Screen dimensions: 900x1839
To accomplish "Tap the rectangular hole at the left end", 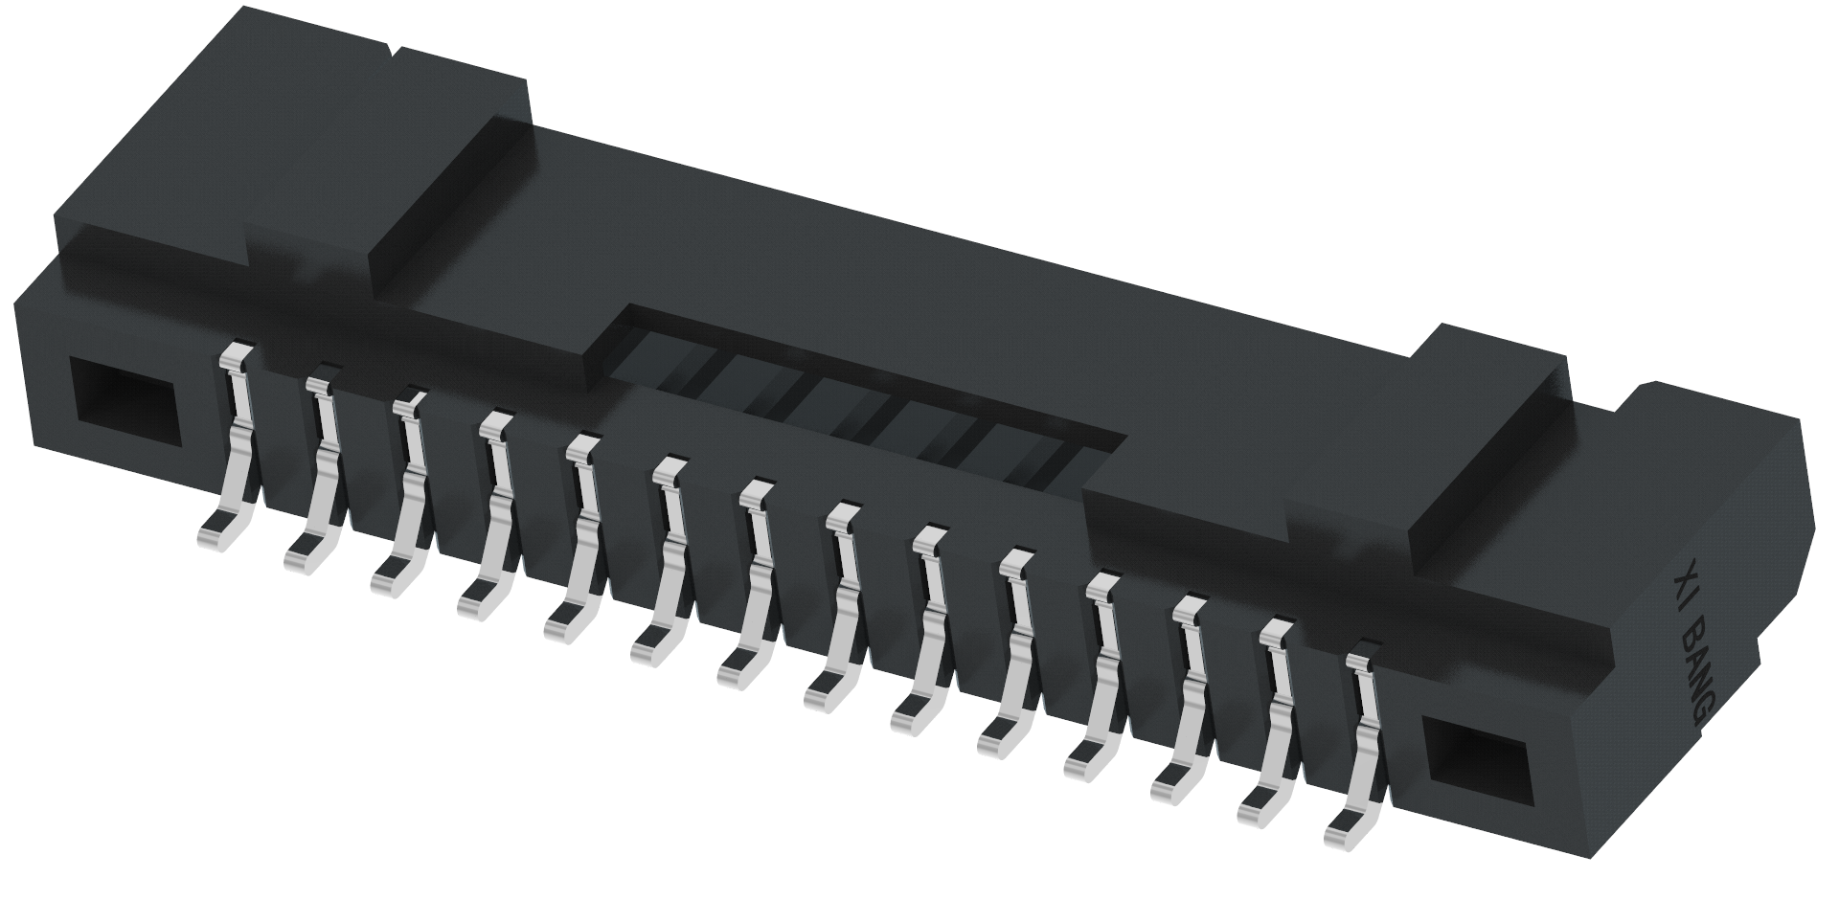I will tap(125, 404).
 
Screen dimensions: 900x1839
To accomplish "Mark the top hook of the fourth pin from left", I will tap(496, 424).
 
